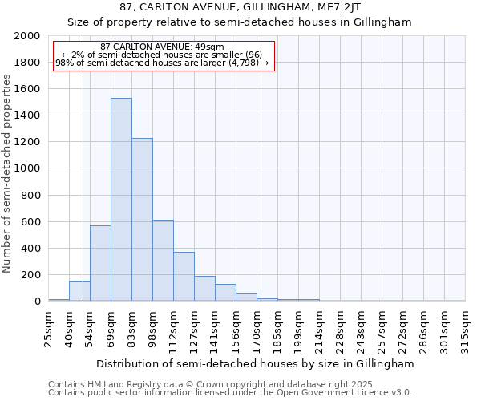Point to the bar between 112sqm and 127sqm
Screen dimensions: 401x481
point(184,276)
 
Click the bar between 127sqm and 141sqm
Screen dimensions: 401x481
point(204,288)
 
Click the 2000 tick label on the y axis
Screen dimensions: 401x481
point(28,36)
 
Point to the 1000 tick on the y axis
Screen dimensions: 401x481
point(28,169)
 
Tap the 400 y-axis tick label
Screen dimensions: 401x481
point(31,249)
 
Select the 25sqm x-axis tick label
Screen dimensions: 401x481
point(48,325)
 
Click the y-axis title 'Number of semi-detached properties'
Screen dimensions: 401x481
point(7,172)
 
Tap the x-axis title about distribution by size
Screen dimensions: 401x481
point(256,363)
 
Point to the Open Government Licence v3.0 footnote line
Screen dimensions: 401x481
point(230,392)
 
